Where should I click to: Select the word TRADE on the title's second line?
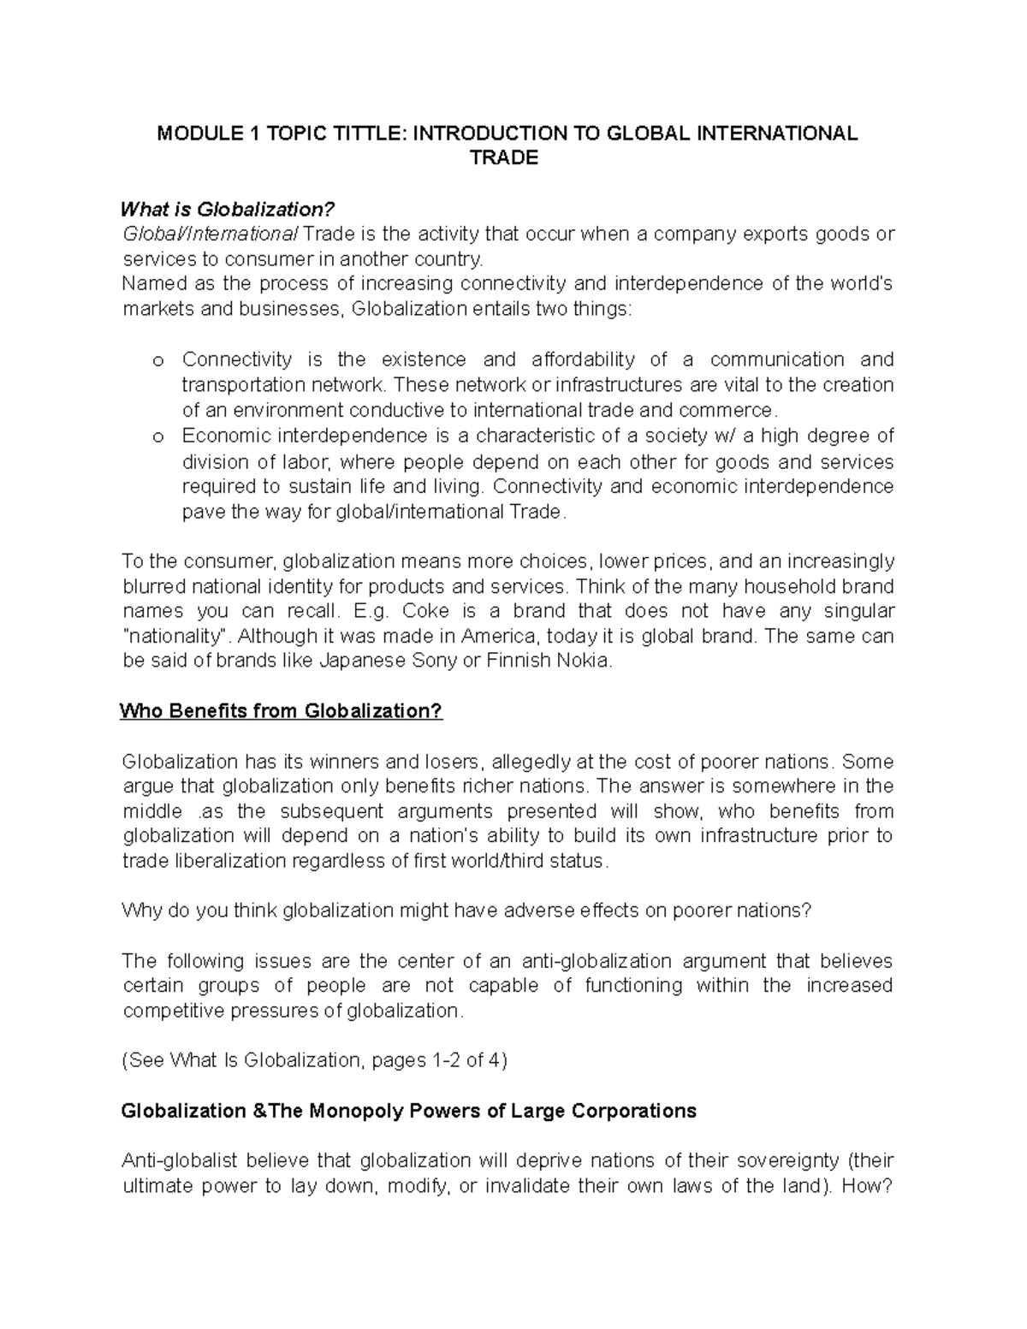pos(505,158)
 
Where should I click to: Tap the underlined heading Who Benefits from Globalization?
pos(282,711)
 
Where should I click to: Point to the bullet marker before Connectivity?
pos(157,361)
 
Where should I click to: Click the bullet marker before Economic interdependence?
pos(157,437)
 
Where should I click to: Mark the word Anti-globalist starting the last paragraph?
pos(181,1161)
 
